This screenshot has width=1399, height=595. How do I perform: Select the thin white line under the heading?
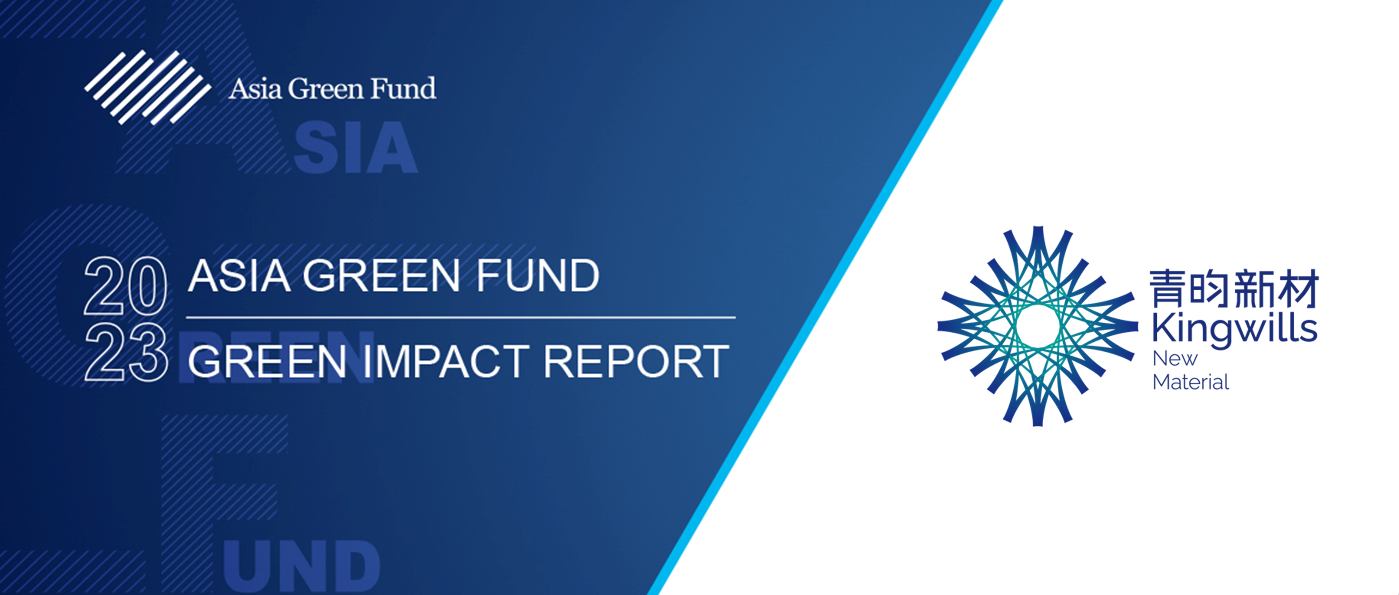(x=461, y=317)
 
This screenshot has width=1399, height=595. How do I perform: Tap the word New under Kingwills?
(x=1175, y=358)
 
